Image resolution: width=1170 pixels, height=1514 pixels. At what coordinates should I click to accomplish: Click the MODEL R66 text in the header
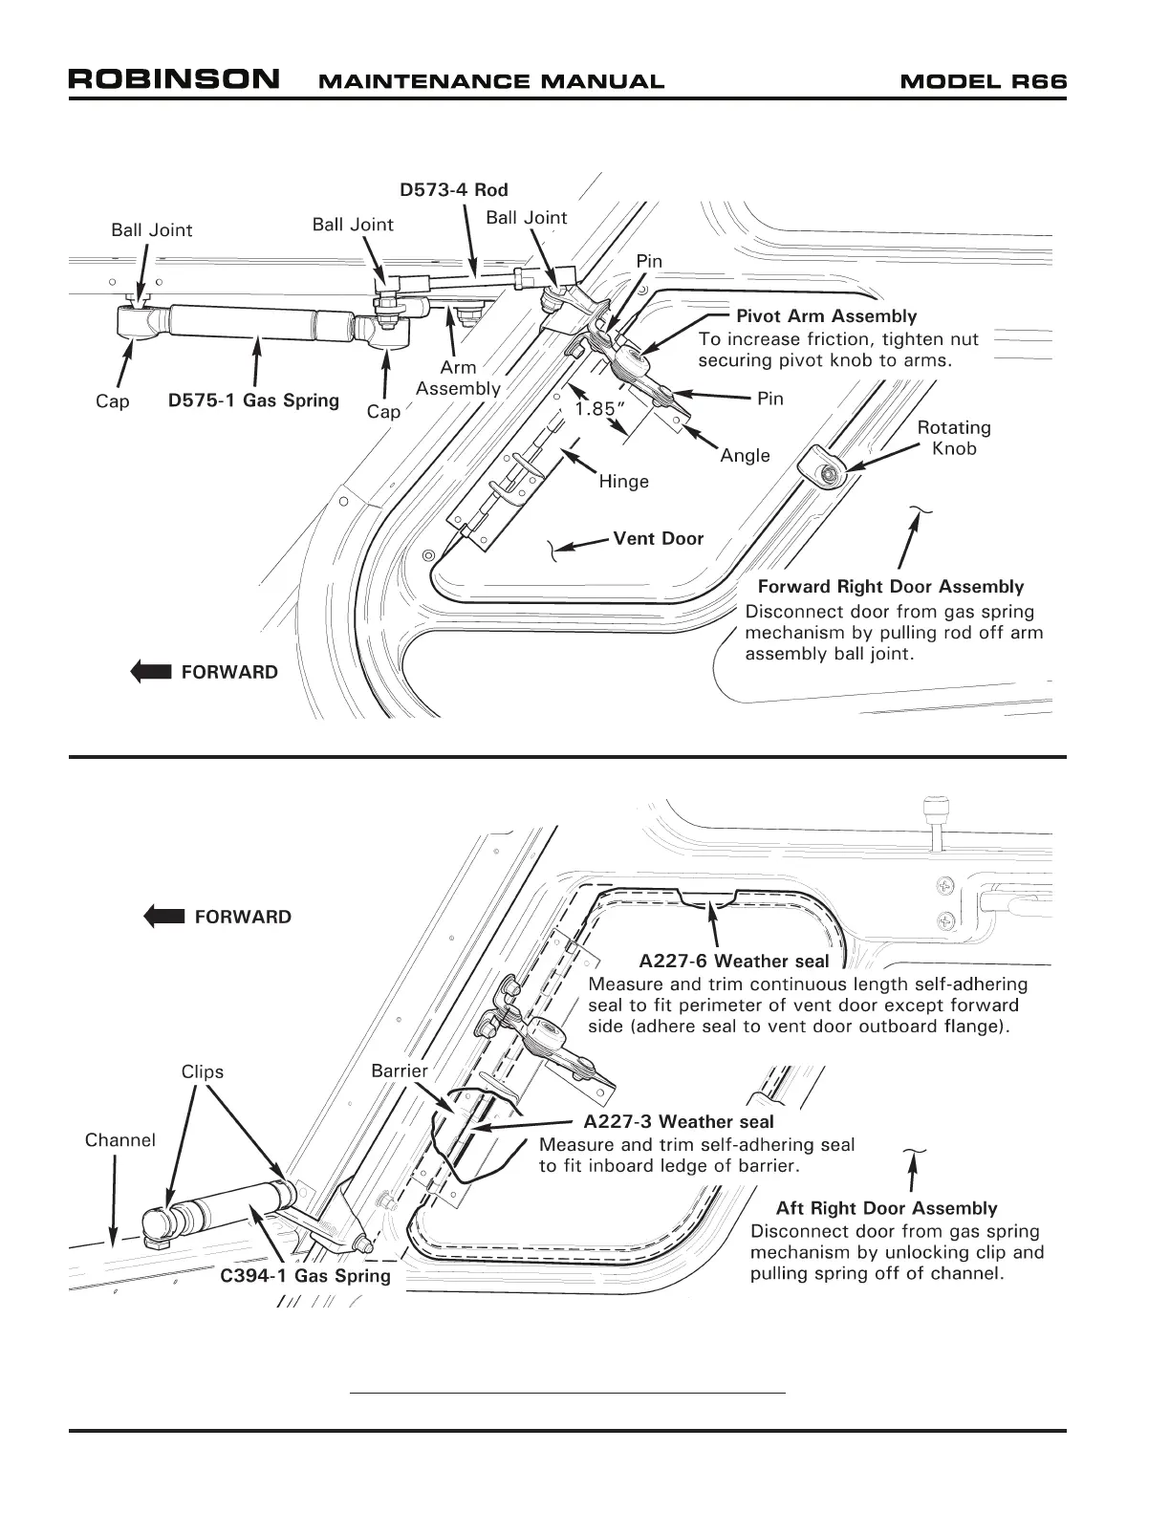983,81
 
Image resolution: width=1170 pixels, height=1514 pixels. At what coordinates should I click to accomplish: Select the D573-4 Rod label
453,189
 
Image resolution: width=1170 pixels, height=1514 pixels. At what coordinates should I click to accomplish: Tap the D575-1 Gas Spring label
253,400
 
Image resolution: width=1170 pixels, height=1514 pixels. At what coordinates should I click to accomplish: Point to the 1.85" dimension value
600,409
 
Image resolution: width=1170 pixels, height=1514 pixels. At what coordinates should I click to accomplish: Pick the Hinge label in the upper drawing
623,482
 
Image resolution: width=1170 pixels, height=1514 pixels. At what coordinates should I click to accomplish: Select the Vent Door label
658,538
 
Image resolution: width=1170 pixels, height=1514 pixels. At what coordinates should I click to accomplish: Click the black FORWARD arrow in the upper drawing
150,671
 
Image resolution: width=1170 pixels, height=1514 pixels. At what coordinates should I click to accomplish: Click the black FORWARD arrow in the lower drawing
163,917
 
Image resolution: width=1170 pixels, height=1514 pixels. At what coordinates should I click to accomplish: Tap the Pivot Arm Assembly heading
826,315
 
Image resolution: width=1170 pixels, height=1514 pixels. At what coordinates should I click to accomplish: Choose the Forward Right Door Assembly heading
890,587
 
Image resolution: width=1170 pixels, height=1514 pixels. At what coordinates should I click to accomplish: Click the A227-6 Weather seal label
733,961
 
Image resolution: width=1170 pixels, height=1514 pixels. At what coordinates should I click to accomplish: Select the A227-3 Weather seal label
678,1121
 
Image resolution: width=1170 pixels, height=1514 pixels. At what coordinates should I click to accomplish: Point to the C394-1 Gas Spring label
305,1275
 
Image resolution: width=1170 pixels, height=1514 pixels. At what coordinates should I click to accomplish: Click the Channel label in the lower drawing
119,1139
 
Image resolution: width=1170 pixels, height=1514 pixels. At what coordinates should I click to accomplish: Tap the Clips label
203,1071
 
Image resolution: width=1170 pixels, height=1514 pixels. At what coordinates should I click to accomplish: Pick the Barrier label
399,1071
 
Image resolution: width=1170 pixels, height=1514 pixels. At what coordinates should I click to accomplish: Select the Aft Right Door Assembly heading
886,1208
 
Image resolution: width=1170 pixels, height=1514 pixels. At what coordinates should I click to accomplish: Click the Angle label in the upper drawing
745,455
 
